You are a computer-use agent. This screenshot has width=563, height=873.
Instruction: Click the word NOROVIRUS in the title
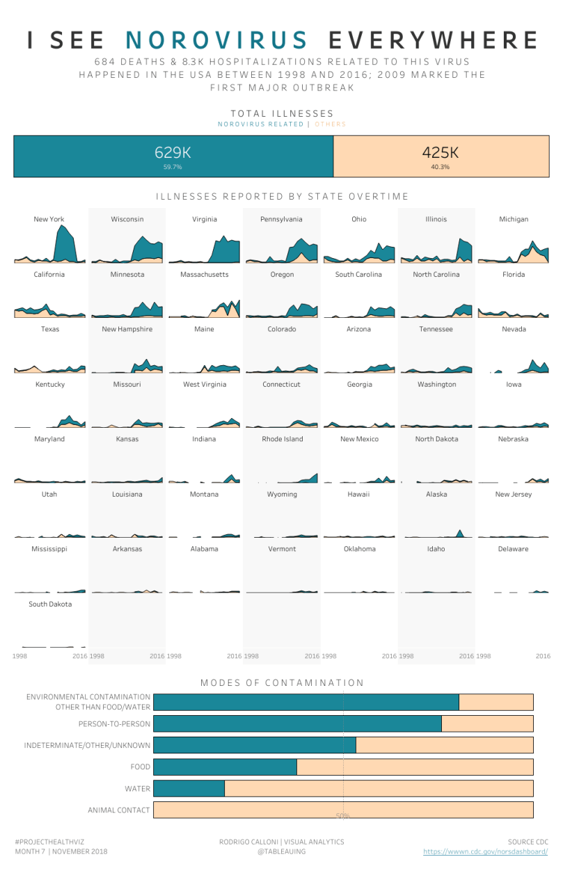pos(217,40)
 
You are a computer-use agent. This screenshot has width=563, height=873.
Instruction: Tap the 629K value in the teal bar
pos(173,152)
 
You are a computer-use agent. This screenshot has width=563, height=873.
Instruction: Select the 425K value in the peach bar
pos(440,152)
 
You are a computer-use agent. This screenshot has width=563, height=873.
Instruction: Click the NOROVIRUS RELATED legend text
pos(260,125)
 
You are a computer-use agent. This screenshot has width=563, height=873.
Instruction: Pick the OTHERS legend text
pos(330,125)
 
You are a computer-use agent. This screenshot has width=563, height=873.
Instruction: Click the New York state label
pos(49,219)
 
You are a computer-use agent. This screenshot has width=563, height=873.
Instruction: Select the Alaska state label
pos(436,494)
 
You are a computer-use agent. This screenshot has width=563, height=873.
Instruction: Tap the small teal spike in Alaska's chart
pos(459,533)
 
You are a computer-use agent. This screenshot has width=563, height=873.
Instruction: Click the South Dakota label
pos(50,604)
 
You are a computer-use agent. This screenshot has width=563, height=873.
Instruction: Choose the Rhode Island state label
pos(282,439)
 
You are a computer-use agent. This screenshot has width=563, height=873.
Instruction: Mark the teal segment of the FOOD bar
pos(225,767)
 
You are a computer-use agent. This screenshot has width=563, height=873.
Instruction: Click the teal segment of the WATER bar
pos(189,788)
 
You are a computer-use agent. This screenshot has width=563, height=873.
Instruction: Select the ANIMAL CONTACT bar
pos(343,810)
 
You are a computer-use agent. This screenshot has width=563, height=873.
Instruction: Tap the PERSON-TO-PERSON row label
pos(114,723)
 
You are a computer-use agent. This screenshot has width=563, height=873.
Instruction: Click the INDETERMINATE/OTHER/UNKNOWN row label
pos(87,746)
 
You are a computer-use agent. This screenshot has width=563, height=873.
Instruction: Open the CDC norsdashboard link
pos(485,851)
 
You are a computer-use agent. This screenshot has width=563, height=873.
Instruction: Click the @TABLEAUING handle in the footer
pos(281,851)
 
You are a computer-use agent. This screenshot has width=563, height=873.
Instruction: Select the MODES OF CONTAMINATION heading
pos(282,683)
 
